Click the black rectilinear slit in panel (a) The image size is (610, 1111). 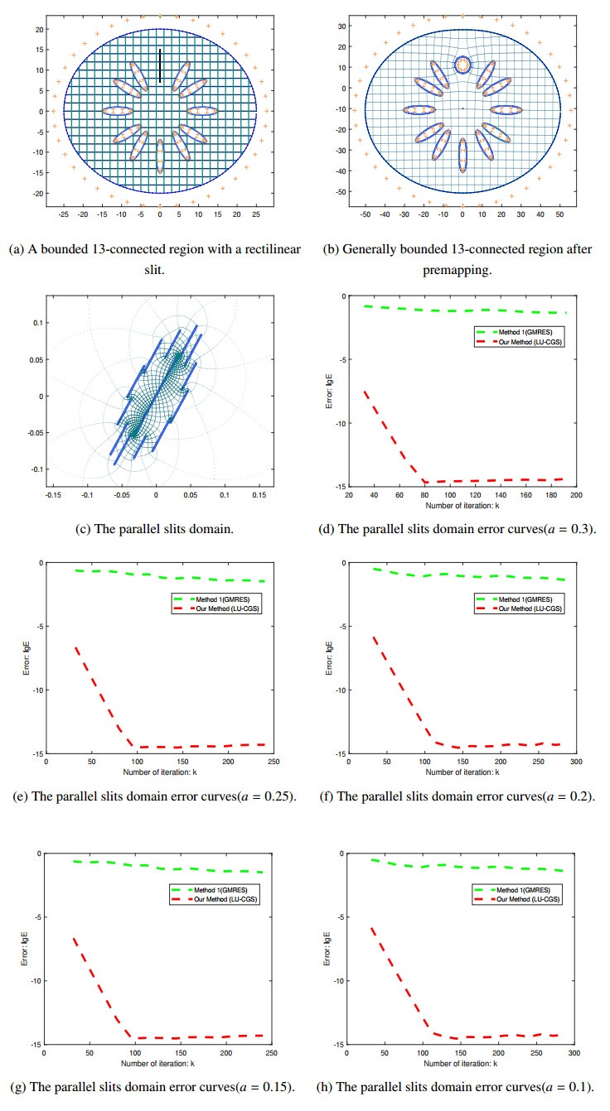(x=161, y=66)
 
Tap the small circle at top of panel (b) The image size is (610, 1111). (x=462, y=64)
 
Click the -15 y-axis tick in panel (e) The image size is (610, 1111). (x=38, y=753)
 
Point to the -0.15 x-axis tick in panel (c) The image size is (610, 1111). (x=53, y=495)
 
